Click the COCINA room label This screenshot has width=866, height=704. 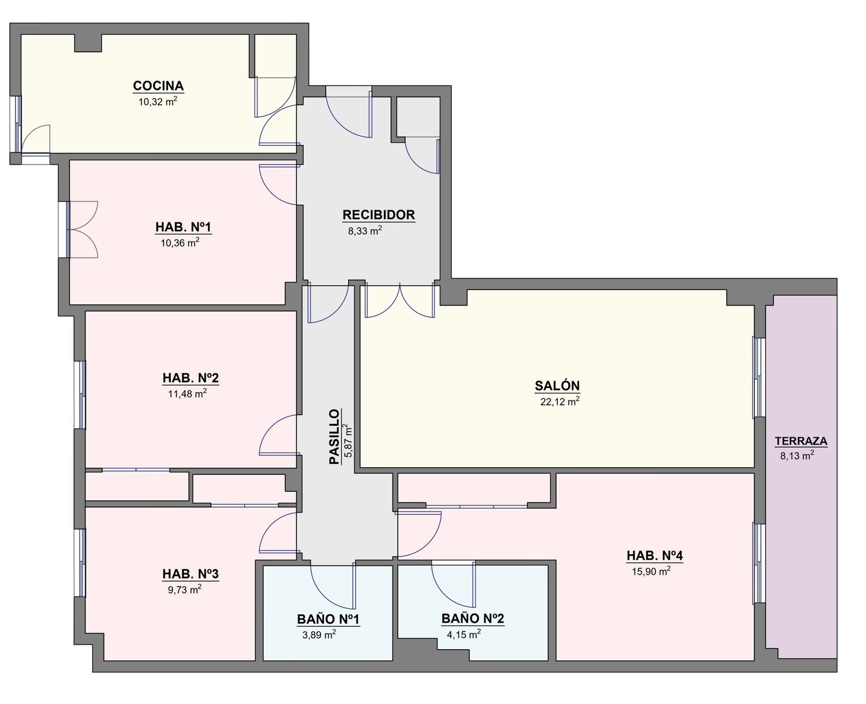coord(158,86)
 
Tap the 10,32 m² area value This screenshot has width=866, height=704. coord(158,102)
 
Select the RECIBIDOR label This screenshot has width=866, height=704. coord(379,215)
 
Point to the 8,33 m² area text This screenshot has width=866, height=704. coord(365,231)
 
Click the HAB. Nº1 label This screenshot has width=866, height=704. coord(184,227)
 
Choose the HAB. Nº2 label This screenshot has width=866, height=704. coord(191,378)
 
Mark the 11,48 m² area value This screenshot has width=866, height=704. coord(188,394)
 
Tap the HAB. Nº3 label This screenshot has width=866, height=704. coord(191,574)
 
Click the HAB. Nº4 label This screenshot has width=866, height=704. coord(655,555)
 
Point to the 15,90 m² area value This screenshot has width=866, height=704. coord(651,571)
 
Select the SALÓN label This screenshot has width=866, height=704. coord(557,386)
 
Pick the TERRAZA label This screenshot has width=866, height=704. coord(801,441)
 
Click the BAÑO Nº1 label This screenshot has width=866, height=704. coord(328,619)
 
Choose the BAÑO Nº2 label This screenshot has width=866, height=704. coord(472,618)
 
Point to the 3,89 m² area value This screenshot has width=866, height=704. coord(319,635)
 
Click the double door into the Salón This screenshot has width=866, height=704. coord(400,300)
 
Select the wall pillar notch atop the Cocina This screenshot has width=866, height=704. coord(88,43)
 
